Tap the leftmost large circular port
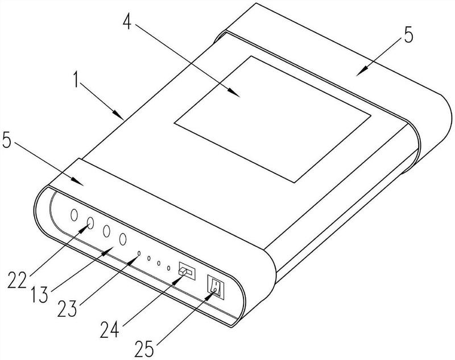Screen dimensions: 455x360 (x=74, y=216)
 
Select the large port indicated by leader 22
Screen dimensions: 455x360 (x=90, y=224)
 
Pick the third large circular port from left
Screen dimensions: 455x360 (x=106, y=231)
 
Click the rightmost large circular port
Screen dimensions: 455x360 (x=122, y=239)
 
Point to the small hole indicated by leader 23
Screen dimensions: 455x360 (x=138, y=253)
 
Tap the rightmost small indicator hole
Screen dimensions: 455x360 (x=169, y=267)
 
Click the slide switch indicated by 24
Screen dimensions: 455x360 (x=186, y=271)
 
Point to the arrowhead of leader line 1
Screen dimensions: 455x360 (x=124, y=118)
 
